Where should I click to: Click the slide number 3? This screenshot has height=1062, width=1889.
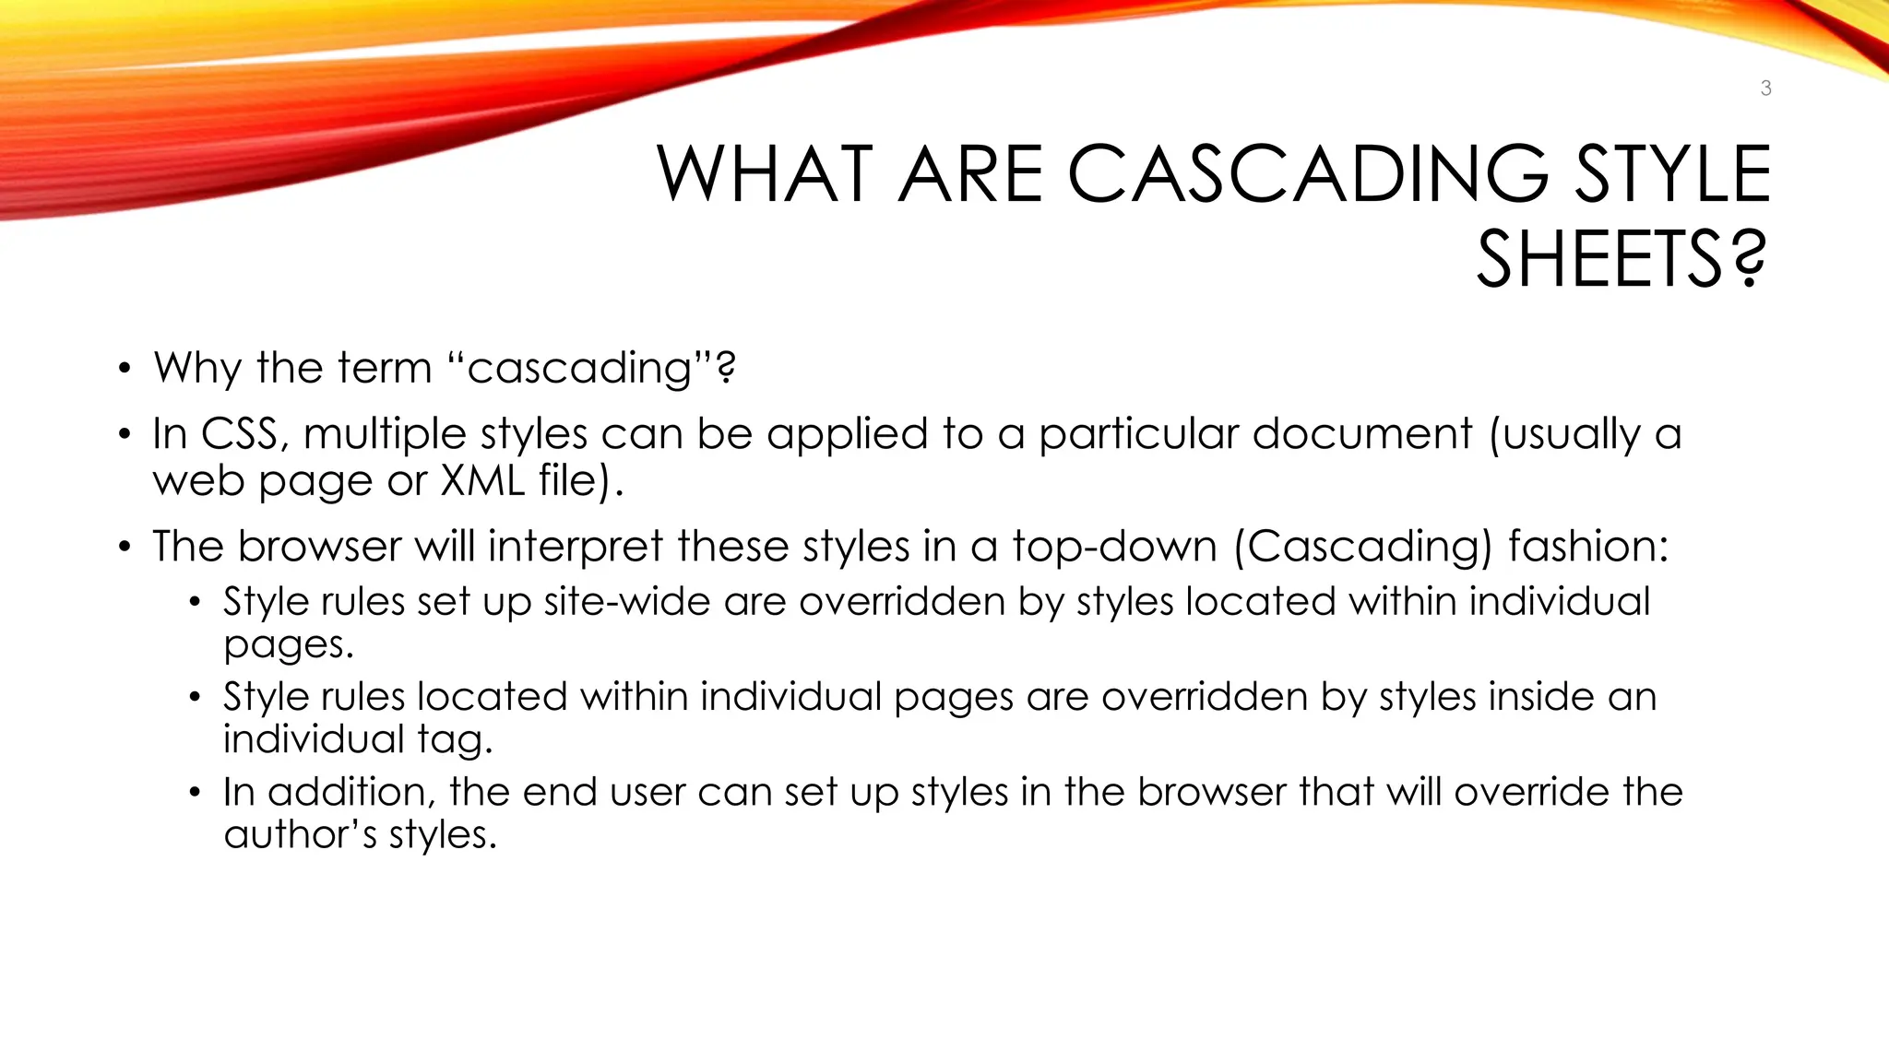pos(1765,88)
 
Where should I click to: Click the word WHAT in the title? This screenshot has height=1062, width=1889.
pos(765,174)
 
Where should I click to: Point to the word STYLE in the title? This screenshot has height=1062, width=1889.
pos(1671,174)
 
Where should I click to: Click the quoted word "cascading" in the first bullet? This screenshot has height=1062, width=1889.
pos(579,369)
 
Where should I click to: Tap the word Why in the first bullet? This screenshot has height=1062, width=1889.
pos(197,368)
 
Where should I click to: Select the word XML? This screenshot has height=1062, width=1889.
pos(483,480)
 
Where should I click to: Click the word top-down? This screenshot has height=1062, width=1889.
pos(1114,547)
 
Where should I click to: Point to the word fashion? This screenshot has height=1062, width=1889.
pos(1588,547)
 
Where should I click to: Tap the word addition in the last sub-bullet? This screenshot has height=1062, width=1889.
pos(346,792)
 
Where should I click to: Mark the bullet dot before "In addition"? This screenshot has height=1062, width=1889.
pos(195,793)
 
